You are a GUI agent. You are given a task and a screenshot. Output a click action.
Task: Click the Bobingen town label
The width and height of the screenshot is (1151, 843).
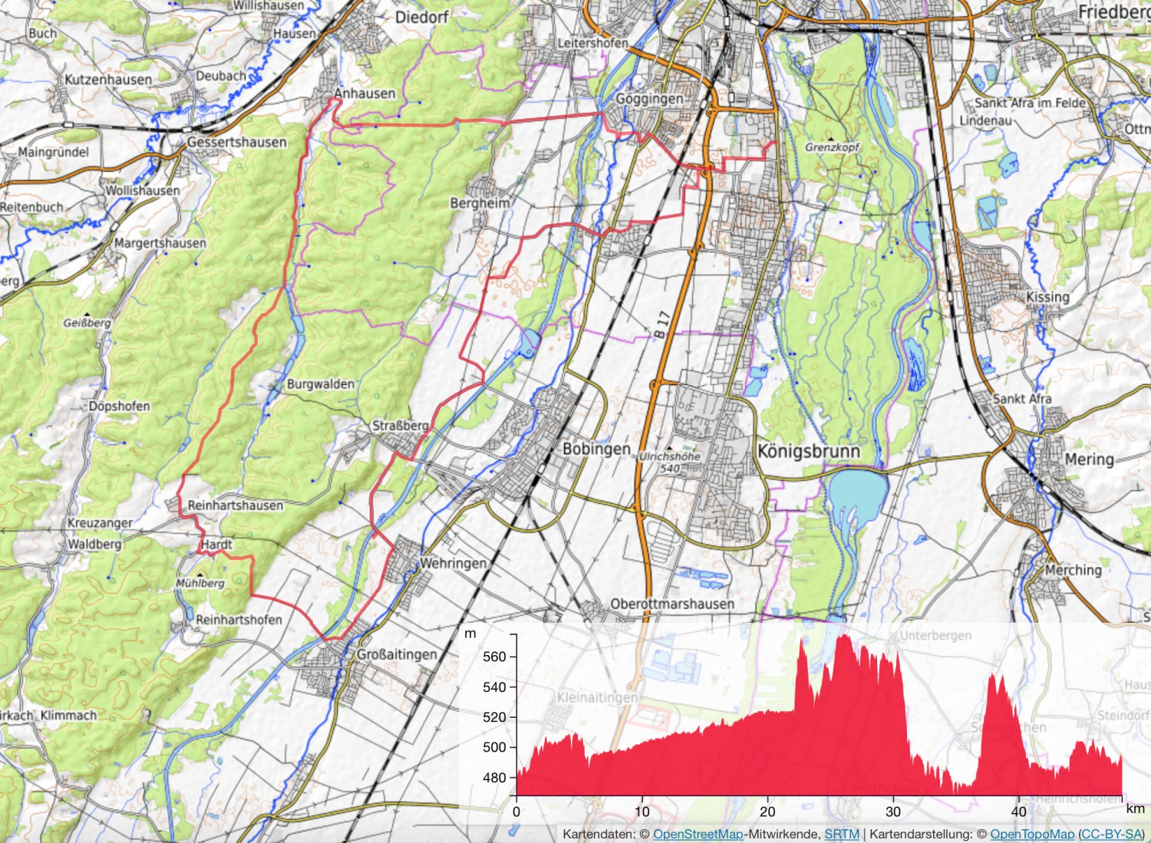(596, 449)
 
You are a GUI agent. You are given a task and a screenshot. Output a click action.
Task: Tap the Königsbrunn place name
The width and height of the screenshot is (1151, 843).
(808, 450)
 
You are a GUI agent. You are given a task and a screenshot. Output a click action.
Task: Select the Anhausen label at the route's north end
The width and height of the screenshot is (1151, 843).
(364, 94)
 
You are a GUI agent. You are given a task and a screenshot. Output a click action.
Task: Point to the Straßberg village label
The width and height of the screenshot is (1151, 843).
(401, 426)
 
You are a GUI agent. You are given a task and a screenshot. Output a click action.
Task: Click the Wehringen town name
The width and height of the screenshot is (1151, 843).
(453, 563)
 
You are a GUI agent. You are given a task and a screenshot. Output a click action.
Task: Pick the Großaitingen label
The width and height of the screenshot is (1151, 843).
(397, 654)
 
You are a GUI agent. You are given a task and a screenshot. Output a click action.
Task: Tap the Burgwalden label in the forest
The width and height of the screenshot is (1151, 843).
(321, 384)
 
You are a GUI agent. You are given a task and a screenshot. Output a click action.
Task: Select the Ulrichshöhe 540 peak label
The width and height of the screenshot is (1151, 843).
(670, 462)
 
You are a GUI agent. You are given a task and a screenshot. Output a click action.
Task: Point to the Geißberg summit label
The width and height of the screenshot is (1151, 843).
(87, 323)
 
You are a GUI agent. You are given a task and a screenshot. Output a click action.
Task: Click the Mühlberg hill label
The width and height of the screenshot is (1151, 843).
(200, 583)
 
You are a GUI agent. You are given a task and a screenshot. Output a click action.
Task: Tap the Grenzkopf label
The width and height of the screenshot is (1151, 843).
(833, 147)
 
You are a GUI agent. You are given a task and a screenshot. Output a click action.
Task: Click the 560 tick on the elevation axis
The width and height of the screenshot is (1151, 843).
(495, 657)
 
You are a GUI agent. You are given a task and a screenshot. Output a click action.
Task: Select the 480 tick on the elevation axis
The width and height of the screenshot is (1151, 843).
(495, 778)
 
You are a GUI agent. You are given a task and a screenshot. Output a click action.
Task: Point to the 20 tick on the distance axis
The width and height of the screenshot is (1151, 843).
(767, 812)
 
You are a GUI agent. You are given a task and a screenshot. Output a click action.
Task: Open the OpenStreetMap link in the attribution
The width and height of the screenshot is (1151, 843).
(698, 835)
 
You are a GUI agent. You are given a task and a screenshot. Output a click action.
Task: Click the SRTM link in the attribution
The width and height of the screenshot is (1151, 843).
(842, 835)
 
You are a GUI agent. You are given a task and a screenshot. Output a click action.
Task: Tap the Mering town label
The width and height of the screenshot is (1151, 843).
(1089, 459)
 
